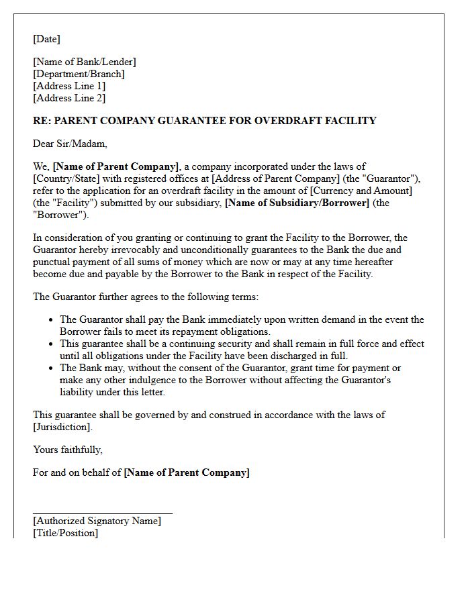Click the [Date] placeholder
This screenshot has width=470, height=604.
46,39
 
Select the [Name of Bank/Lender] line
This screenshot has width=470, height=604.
84,62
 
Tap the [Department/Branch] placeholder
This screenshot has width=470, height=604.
79,74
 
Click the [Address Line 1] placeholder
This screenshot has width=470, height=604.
69,86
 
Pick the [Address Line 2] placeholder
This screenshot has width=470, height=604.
69,98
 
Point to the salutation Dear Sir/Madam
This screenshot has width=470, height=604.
70,144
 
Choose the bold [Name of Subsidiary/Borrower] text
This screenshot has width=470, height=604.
297,203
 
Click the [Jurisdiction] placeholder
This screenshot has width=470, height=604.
62,427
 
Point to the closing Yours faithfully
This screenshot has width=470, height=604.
68,450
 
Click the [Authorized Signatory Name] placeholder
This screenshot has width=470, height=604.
97,521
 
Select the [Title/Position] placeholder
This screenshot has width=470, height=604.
65,533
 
